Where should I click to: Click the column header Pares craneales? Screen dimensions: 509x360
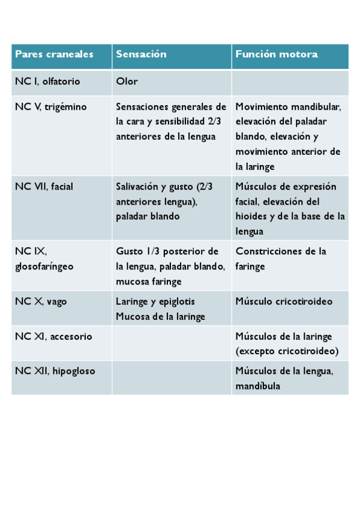pos(54,55)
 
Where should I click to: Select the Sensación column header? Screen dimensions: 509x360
pos(141,55)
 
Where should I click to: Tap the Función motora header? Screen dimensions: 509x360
pos(276,55)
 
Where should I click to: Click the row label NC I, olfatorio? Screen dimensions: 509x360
pos(47,82)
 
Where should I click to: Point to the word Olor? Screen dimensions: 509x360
pos(127,82)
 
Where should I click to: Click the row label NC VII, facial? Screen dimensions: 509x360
pos(44,187)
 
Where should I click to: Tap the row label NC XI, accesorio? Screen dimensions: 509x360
pos(53,337)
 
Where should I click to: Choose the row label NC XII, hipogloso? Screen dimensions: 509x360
pos(55,372)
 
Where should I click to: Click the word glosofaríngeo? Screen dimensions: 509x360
pos(44,267)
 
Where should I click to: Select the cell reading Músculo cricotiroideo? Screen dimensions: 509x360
pos(283,302)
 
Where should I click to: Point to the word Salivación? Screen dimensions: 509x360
pos(137,187)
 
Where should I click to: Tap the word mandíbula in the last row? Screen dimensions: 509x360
pos(257,387)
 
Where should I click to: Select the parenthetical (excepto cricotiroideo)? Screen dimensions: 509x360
pos(287,351)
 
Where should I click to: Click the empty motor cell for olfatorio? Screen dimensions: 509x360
pos(290,82)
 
